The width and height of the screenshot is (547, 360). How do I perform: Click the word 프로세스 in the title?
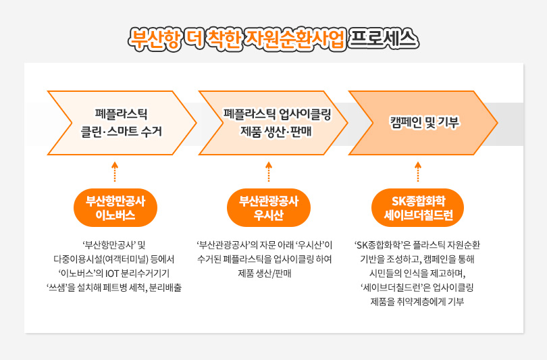pos(383,38)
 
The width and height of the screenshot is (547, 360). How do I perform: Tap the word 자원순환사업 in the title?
pos(296,39)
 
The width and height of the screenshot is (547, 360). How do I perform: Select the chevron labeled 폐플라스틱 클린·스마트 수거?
pos(122,123)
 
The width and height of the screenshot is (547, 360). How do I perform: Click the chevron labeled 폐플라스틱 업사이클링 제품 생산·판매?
pos(273,123)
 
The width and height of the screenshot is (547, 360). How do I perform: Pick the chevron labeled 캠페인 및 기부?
pos(423,123)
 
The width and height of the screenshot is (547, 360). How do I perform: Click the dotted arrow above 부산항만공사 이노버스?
pos(115,172)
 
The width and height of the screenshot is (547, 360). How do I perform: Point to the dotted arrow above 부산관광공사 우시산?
pos(269,172)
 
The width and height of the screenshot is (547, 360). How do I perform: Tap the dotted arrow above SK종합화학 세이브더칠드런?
pos(418,172)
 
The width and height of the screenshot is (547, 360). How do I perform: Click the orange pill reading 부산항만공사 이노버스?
pos(115,208)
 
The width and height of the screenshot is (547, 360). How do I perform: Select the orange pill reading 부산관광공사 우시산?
pos(269,208)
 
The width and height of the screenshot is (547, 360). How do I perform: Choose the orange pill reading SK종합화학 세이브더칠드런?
pos(418,208)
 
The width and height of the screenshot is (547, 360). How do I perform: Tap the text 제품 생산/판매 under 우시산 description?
pos(265,274)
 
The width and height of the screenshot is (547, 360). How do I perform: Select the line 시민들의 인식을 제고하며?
pos(417,274)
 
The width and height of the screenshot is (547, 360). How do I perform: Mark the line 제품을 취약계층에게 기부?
pos(417,302)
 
